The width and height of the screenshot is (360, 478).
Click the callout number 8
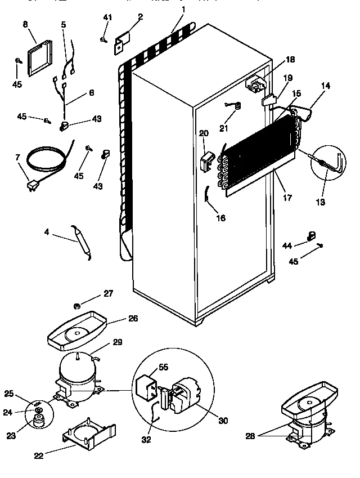coord(25,24)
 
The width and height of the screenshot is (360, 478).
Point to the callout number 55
coord(163,367)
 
